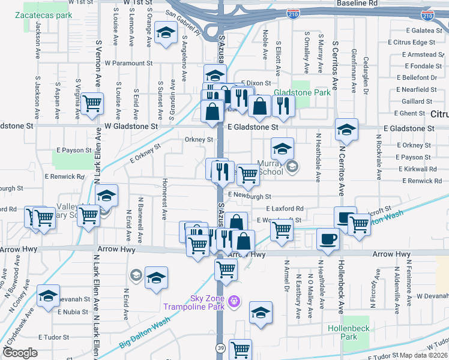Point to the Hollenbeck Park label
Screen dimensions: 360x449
[343, 332]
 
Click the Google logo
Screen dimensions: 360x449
[20, 353]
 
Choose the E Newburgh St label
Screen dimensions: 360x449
[250, 196]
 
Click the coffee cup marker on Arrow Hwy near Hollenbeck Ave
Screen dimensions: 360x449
[328, 239]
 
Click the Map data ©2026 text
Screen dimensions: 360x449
[424, 355]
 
